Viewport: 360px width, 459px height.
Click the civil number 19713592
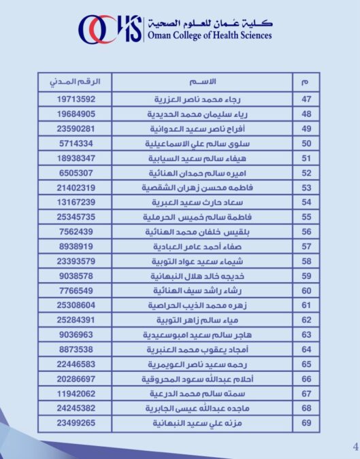click(x=76, y=99)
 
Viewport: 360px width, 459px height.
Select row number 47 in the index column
click(x=306, y=99)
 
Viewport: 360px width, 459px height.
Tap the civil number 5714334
click(x=76, y=143)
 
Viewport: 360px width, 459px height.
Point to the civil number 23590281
click(x=76, y=129)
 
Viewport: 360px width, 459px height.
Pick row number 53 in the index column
click(x=306, y=187)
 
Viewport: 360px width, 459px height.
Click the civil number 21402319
click(x=76, y=187)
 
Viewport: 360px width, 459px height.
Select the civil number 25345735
click(x=76, y=217)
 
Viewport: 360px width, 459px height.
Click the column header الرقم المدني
click(x=75, y=82)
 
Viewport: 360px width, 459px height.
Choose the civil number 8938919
click(x=76, y=246)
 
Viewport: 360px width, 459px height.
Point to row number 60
click(x=306, y=290)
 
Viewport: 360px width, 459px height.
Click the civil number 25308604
click(x=76, y=305)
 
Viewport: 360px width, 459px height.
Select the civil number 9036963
click(x=76, y=335)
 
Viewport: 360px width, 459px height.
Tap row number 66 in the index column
click(x=306, y=379)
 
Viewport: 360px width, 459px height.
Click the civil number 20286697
click(x=76, y=379)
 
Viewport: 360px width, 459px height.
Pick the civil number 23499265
click(x=76, y=423)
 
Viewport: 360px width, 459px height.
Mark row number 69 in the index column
click(x=306, y=423)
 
